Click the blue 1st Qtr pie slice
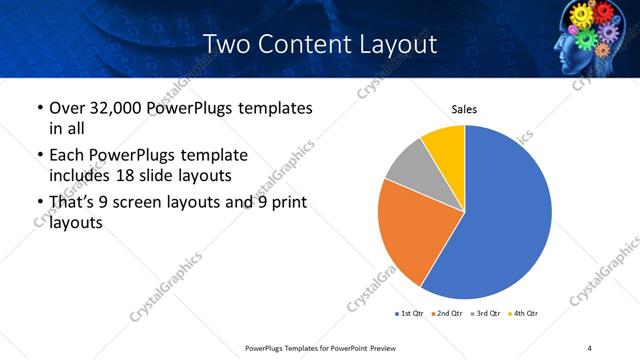click(x=500, y=220)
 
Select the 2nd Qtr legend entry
click(x=446, y=314)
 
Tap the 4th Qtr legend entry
click(x=524, y=314)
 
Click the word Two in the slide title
click(x=223, y=44)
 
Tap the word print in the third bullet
click(x=284, y=203)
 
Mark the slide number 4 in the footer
click(x=590, y=347)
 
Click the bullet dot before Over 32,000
click(x=38, y=108)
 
